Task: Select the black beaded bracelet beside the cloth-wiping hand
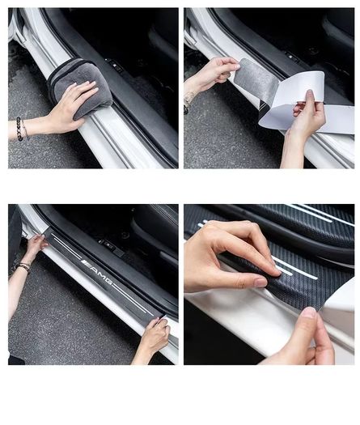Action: click(x=19, y=129)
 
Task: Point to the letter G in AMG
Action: click(x=108, y=280)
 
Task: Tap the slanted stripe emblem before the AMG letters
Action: click(x=85, y=262)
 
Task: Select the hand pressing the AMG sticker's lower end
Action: click(x=155, y=336)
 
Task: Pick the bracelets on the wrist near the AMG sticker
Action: click(x=23, y=266)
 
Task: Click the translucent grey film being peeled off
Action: click(x=256, y=80)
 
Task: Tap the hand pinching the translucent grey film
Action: click(x=214, y=73)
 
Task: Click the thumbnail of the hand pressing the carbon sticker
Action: click(x=261, y=283)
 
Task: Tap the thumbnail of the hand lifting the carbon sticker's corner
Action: click(x=309, y=313)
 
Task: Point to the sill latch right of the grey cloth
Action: click(x=114, y=65)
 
